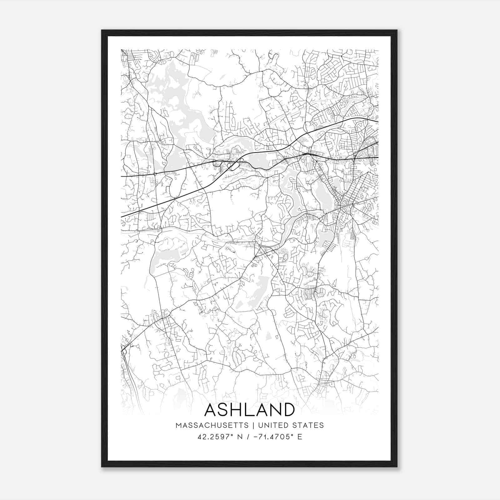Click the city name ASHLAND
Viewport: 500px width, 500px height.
[x=250, y=410]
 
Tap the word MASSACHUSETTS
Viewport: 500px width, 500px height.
[x=212, y=425]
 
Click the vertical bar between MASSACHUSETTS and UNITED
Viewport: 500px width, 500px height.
[x=253, y=425]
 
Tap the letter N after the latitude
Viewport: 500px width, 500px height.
[x=240, y=437]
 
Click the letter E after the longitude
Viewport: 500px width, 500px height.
[x=300, y=437]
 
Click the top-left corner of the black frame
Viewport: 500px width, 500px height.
[x=102, y=30]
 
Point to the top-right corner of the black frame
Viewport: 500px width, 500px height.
[x=397, y=30]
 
